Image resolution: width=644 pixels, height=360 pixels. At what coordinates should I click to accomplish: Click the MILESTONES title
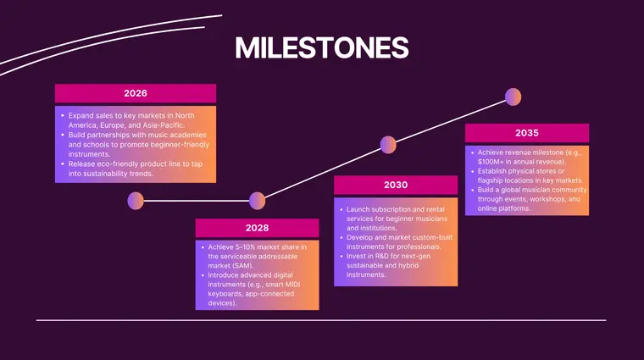click(321, 47)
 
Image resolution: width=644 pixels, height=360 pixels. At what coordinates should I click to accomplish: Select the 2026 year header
click(136, 93)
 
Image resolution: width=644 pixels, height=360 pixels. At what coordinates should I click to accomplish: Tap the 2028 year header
click(257, 228)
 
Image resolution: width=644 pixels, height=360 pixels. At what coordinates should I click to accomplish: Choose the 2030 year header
click(396, 186)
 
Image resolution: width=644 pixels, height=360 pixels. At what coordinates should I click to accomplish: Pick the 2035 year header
click(526, 133)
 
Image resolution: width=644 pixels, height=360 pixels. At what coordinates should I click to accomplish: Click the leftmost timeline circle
click(136, 201)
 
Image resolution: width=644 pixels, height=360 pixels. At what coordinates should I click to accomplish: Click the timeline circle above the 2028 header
click(258, 200)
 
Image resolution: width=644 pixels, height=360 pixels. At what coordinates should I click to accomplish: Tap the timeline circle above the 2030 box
click(388, 145)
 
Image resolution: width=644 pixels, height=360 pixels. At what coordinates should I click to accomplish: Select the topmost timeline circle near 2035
click(513, 97)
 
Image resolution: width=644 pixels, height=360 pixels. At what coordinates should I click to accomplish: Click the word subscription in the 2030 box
click(392, 208)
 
